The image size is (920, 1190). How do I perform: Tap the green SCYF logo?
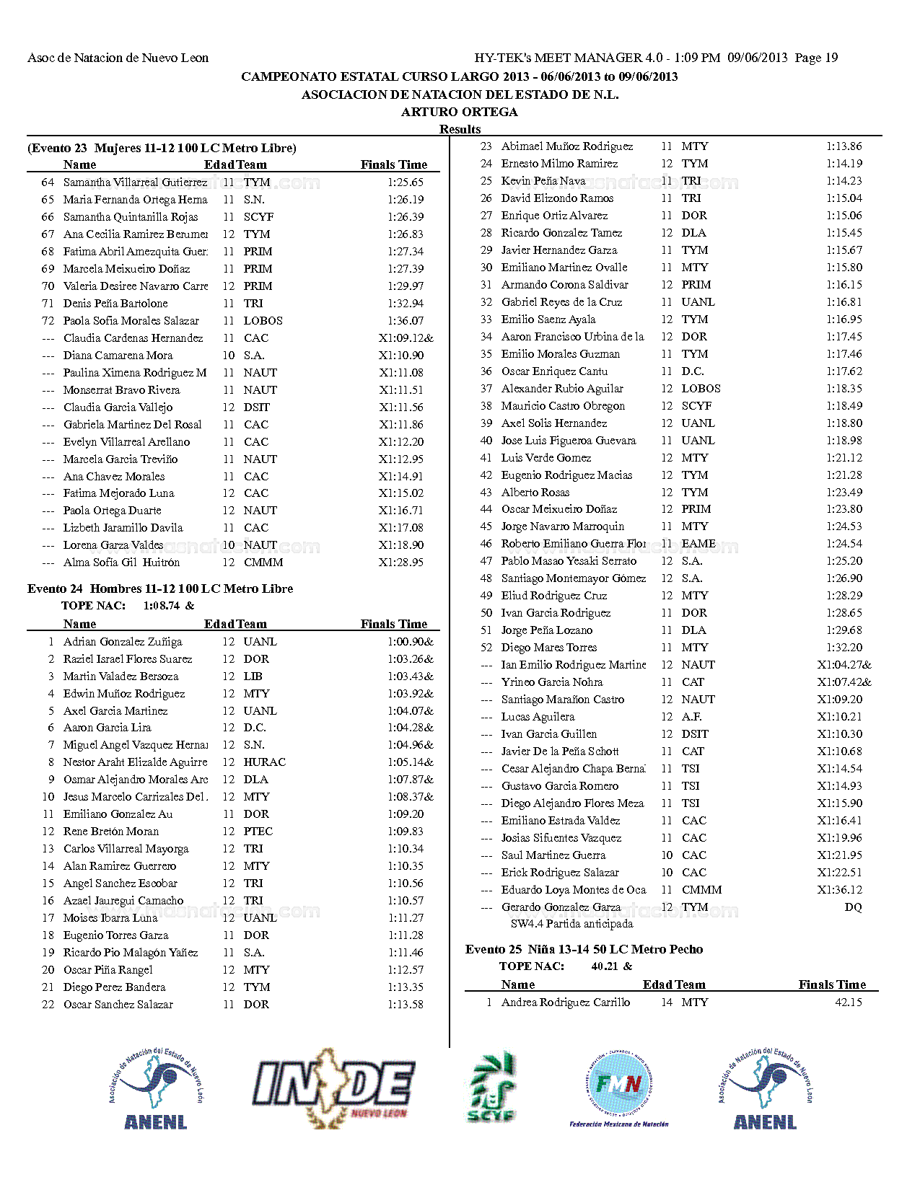click(x=491, y=1088)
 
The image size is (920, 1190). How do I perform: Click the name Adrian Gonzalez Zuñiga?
click(x=123, y=642)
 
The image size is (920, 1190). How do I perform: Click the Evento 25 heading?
click(x=584, y=949)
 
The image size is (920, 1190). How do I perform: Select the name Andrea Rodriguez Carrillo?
click(x=565, y=1002)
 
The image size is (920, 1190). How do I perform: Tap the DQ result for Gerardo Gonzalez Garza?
click(x=853, y=907)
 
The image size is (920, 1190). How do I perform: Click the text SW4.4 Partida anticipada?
click(x=571, y=924)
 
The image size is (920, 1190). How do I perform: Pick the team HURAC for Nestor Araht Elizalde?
click(x=264, y=762)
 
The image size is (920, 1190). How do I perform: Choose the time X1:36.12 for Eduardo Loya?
click(x=839, y=890)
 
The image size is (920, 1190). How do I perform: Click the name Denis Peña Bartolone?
click(x=115, y=304)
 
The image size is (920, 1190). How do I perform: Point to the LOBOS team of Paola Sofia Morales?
click(x=263, y=321)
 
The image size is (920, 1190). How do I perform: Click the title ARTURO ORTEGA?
click(x=460, y=112)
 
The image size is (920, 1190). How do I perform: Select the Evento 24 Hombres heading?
click(x=160, y=589)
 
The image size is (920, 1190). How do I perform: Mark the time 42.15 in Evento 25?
click(x=848, y=1002)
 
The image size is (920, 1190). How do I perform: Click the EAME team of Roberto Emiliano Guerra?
click(x=698, y=544)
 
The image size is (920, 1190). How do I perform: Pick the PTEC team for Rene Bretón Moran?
click(x=258, y=832)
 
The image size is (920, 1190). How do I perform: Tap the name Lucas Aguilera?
click(x=538, y=717)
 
